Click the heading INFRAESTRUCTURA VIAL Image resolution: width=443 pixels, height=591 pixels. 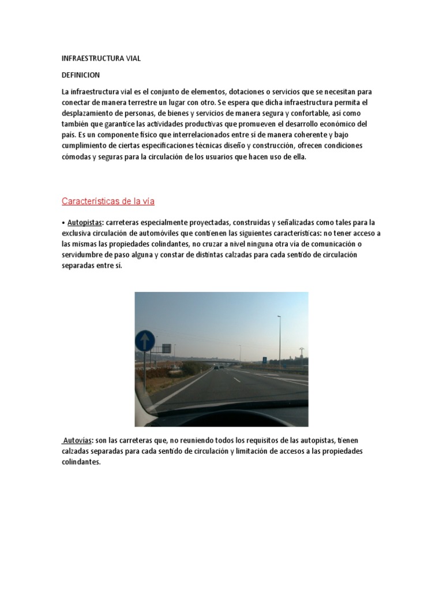[x=101, y=58]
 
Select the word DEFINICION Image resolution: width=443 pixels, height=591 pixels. [x=81, y=75]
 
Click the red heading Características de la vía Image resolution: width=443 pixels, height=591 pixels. [x=108, y=201]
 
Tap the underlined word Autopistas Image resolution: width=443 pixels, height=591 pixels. [x=85, y=222]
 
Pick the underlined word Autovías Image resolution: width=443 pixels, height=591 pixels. [x=77, y=440]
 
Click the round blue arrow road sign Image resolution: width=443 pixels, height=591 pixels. [x=144, y=341]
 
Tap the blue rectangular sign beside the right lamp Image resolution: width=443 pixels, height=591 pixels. [x=265, y=360]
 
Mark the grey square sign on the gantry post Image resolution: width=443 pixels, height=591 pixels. [x=166, y=348]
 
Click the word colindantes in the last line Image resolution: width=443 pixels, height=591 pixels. [x=81, y=462]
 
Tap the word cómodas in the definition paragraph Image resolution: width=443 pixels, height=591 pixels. [x=76, y=156]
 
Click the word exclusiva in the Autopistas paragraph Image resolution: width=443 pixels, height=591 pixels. [x=79, y=233]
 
